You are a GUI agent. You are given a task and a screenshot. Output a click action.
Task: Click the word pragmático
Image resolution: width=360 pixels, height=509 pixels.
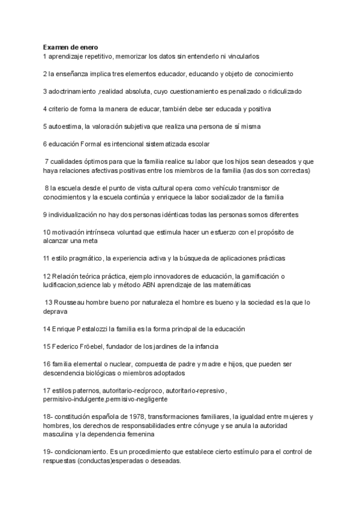[x=84, y=258]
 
